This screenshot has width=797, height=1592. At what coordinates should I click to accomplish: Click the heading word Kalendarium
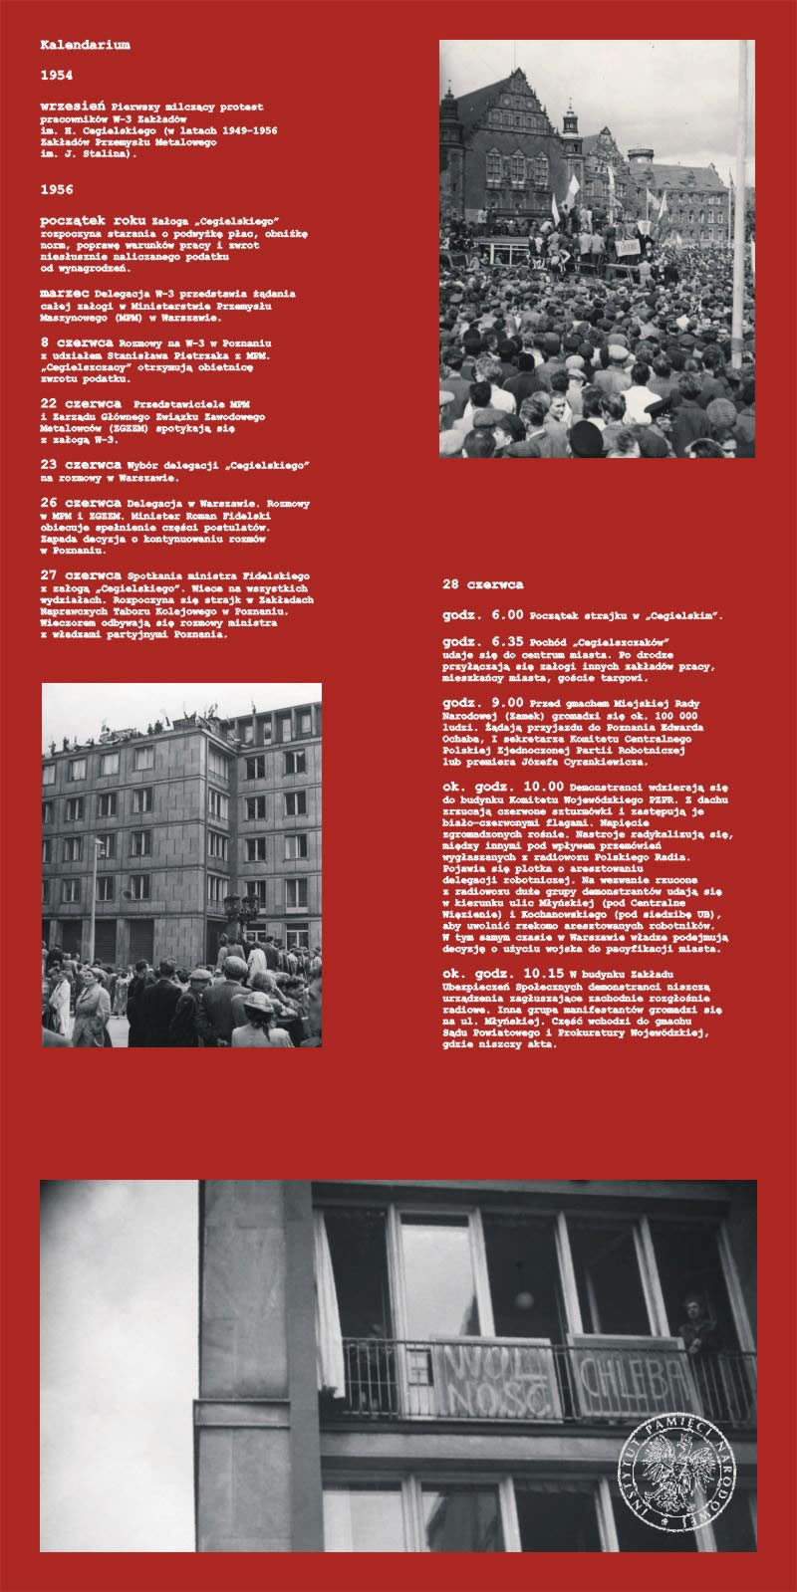[x=85, y=46]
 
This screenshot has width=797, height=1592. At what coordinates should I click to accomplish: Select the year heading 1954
[x=57, y=76]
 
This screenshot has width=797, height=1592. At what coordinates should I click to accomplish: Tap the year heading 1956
[x=57, y=189]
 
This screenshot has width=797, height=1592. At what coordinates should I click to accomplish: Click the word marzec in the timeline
[x=63, y=295]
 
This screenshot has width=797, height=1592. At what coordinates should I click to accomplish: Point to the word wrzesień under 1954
[x=72, y=104]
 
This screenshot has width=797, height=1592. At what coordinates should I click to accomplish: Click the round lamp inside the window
[x=523, y=1300]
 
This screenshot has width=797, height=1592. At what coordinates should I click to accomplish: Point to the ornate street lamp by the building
[x=242, y=910]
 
